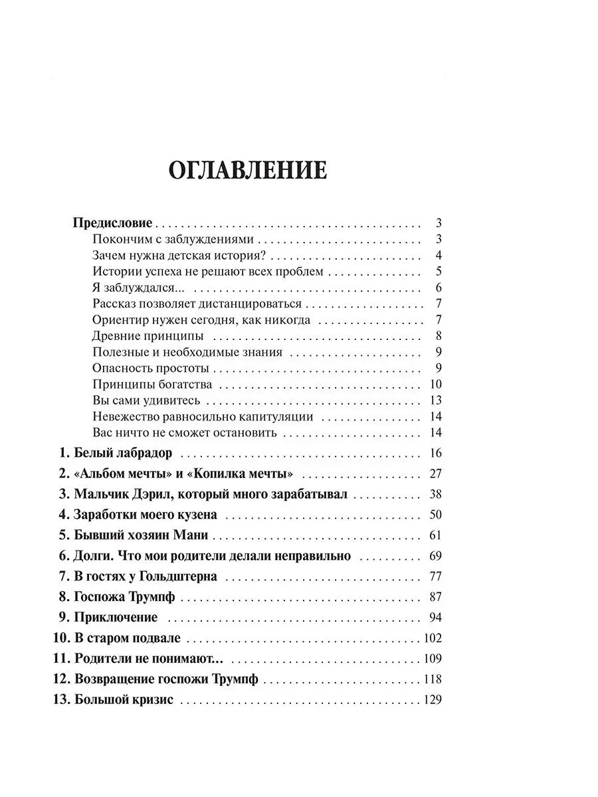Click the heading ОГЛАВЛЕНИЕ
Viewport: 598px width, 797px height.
247,170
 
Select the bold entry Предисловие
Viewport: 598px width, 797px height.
112,223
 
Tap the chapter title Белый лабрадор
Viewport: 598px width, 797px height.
122,454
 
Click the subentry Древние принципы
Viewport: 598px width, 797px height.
148,336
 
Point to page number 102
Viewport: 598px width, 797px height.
432,639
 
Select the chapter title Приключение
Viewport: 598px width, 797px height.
116,618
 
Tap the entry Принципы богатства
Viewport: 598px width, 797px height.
152,385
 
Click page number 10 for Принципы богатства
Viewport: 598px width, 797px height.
436,385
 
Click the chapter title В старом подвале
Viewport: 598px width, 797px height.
128,639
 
